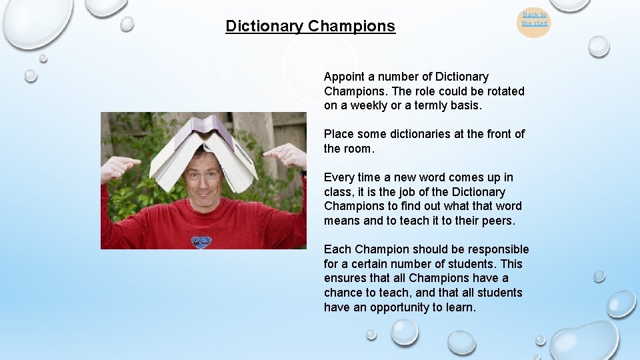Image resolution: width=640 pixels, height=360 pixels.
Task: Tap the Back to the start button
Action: point(534,19)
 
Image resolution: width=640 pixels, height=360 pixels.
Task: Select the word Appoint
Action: point(344,77)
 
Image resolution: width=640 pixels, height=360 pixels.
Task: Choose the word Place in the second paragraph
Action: point(339,134)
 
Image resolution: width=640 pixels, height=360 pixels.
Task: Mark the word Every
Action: point(339,177)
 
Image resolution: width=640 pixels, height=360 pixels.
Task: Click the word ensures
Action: point(346,279)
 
